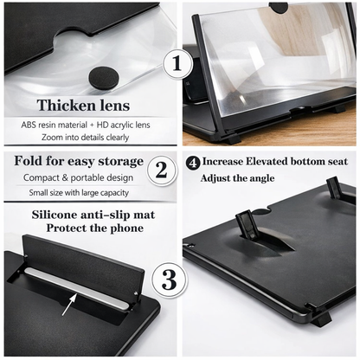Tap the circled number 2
click(x=160, y=170)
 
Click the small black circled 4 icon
click(x=192, y=161)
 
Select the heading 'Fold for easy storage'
click(x=79, y=162)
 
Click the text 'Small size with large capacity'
click(x=78, y=193)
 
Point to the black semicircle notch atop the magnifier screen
click(x=279, y=7)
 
